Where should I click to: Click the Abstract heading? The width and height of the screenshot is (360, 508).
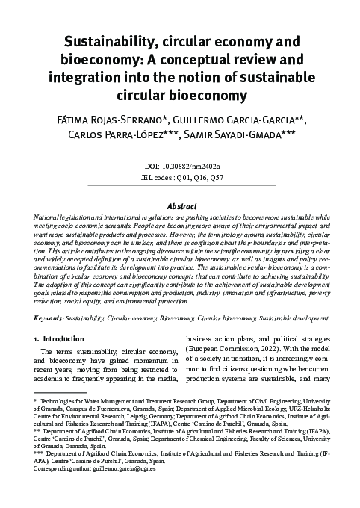click(x=180, y=205)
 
